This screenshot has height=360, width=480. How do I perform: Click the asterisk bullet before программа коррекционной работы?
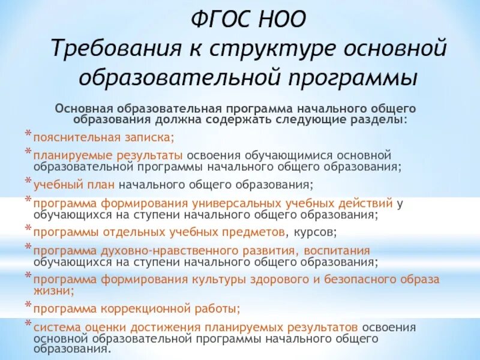[x=28, y=306]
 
